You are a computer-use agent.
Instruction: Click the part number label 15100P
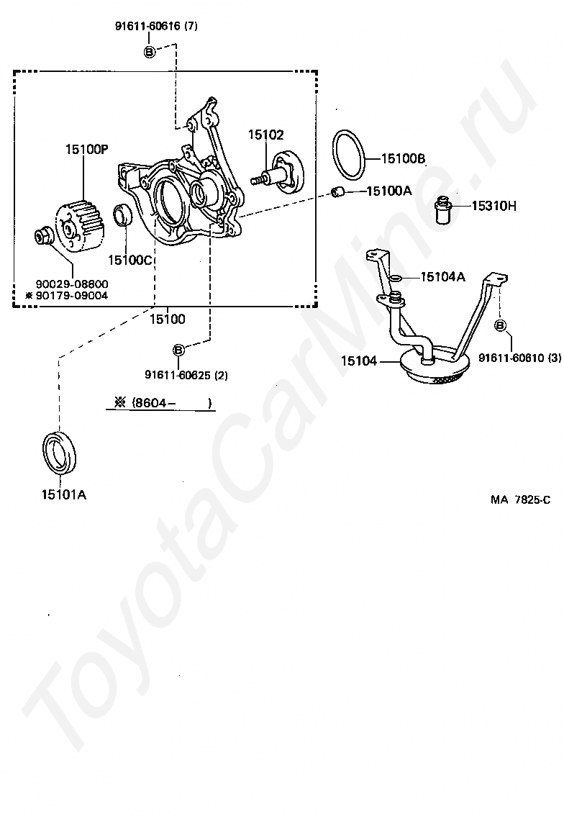[86, 150]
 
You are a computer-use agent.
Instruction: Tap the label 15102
[266, 135]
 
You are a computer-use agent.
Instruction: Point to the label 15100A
[388, 191]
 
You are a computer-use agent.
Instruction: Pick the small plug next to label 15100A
[339, 191]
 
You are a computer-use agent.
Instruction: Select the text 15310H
[493, 206]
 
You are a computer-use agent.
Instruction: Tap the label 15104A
[442, 276]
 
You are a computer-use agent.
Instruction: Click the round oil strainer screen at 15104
[431, 368]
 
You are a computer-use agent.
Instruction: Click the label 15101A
[64, 494]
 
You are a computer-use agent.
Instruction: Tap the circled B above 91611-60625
[178, 350]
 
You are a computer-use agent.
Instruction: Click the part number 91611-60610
[514, 358]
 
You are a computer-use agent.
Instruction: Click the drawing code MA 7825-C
[521, 499]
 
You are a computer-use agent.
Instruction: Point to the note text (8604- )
[170, 403]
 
